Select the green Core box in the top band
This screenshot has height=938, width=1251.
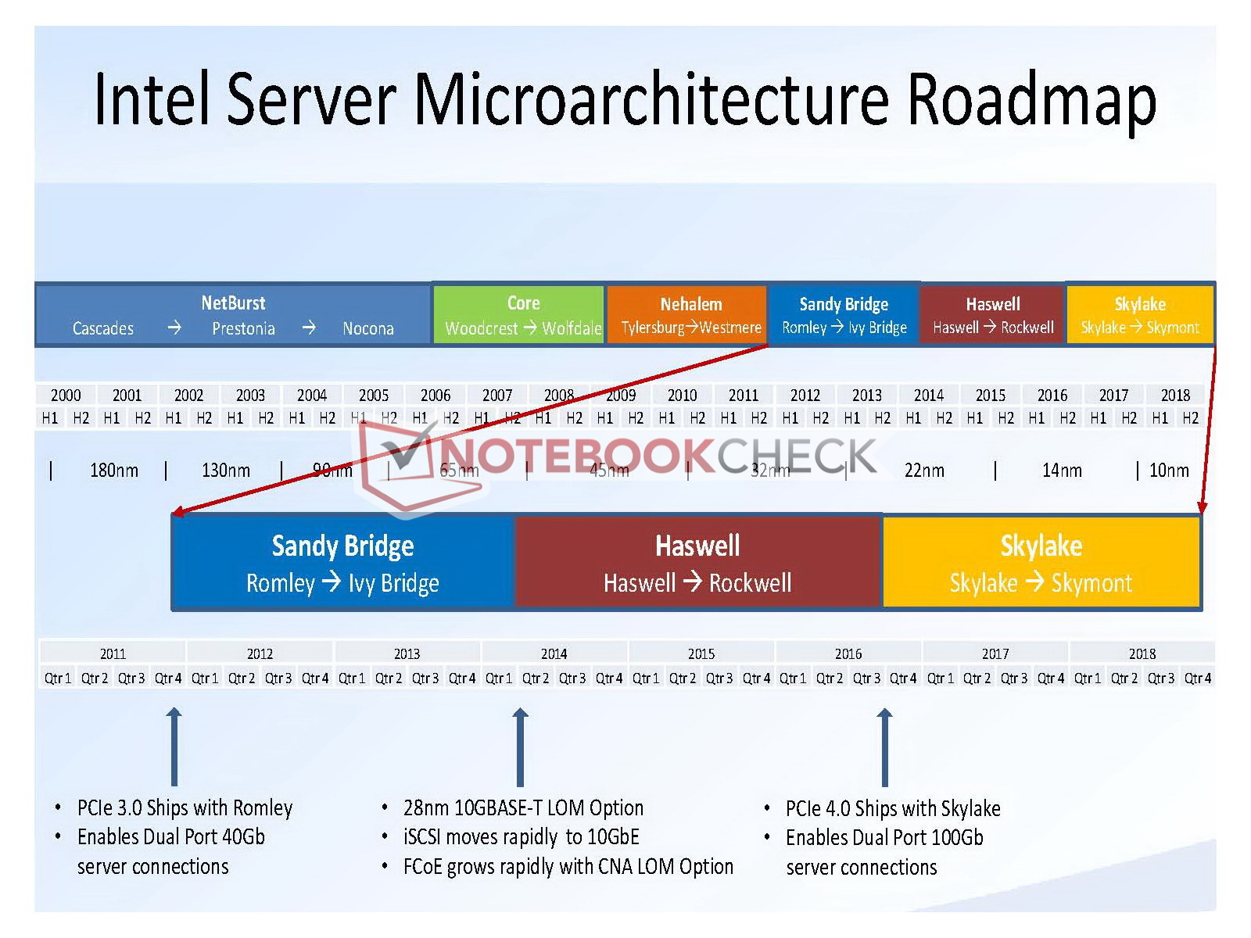coord(522,313)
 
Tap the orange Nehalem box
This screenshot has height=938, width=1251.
coord(690,313)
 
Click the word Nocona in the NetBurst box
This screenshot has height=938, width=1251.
coord(367,329)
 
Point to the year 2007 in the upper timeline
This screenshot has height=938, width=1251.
coord(497,395)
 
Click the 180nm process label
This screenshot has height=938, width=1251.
coord(114,470)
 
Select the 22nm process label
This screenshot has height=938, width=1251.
coord(924,470)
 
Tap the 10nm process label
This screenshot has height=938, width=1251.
coord(1169,470)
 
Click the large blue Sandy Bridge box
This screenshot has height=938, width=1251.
coord(342,562)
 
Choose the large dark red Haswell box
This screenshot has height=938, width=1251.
coord(697,562)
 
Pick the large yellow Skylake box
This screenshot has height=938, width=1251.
coord(1041,562)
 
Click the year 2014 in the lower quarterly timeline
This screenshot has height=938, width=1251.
coord(554,653)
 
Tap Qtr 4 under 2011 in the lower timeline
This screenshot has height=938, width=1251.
coord(168,678)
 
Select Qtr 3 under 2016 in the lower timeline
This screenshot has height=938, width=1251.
coord(866,678)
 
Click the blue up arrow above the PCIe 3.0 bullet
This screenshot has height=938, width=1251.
coord(174,746)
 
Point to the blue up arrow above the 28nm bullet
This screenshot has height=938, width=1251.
coord(520,746)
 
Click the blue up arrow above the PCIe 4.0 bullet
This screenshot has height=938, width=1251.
coord(884,746)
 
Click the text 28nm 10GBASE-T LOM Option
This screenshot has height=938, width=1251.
coord(523,807)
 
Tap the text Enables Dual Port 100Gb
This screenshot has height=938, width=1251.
coord(884,837)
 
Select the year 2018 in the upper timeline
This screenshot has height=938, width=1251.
coord(1175,395)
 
